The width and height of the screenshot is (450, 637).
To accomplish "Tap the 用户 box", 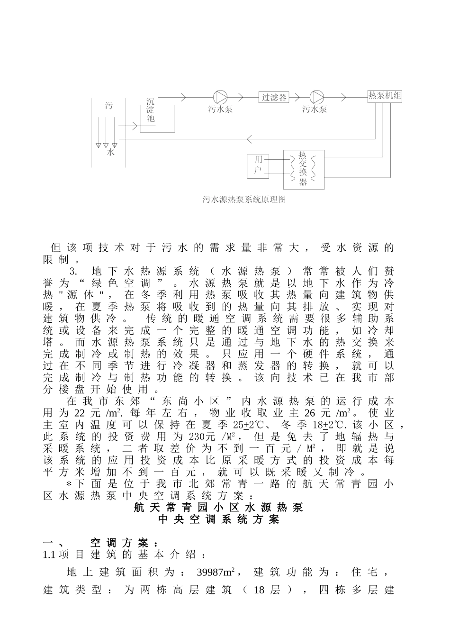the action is (x=258, y=164).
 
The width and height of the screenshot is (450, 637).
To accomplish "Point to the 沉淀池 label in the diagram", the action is (x=151, y=110).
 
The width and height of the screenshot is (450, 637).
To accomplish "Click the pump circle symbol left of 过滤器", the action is (x=220, y=97).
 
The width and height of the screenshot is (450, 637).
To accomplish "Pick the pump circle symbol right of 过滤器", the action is (x=317, y=97).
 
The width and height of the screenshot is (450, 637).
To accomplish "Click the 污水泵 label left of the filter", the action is (x=220, y=109).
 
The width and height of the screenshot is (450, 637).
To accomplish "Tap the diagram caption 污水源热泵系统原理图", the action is (x=244, y=200).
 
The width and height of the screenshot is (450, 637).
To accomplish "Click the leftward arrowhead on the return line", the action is (x=251, y=138).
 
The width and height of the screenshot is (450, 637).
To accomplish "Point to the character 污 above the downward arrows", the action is (x=109, y=106).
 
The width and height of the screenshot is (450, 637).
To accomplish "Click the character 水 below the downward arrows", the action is (x=110, y=153).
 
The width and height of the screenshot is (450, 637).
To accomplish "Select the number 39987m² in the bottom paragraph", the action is (x=216, y=572).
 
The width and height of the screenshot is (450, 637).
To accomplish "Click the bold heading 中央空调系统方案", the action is (x=219, y=519).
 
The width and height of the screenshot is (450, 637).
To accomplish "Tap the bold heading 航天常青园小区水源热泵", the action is (x=218, y=507).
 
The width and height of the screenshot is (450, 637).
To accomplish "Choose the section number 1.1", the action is (x=50, y=555).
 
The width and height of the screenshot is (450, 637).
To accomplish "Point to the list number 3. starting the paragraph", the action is (x=73, y=272).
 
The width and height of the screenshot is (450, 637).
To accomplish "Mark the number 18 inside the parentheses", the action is (x=259, y=590).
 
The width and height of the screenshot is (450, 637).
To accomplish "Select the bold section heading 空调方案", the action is (x=124, y=543).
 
